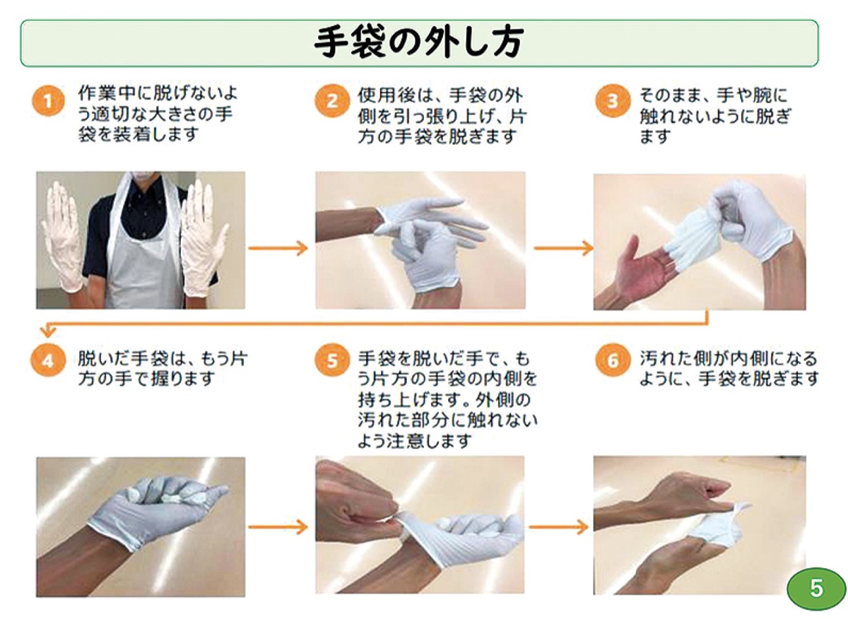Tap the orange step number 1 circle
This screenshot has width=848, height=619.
pyautogui.click(x=48, y=101)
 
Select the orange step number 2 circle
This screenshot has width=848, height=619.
pyautogui.click(x=332, y=101)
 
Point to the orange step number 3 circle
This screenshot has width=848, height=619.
pyautogui.click(x=613, y=101)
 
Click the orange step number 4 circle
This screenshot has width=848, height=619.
pyautogui.click(x=48, y=360)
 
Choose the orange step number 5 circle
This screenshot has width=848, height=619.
pyautogui.click(x=332, y=360)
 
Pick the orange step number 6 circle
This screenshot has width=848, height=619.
pyautogui.click(x=613, y=360)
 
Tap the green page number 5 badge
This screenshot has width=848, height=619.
pyautogui.click(x=816, y=589)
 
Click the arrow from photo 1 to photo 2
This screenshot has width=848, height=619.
pyautogui.click(x=278, y=248)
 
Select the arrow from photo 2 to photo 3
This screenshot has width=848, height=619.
pyautogui.click(x=563, y=248)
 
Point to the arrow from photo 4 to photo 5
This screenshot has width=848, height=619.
pyautogui.click(x=278, y=526)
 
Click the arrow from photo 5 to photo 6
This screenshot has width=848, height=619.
pyautogui.click(x=559, y=526)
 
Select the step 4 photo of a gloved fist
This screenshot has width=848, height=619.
pyautogui.click(x=141, y=526)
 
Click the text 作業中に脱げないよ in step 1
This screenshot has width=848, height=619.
pyautogui.click(x=158, y=93)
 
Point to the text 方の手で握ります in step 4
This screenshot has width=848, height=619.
pyautogui.click(x=146, y=379)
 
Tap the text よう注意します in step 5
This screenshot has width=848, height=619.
pyautogui.click(x=415, y=441)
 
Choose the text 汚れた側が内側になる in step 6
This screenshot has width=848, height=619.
pyautogui.click(x=729, y=358)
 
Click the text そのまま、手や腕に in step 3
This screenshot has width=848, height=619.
pyautogui.click(x=714, y=95)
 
